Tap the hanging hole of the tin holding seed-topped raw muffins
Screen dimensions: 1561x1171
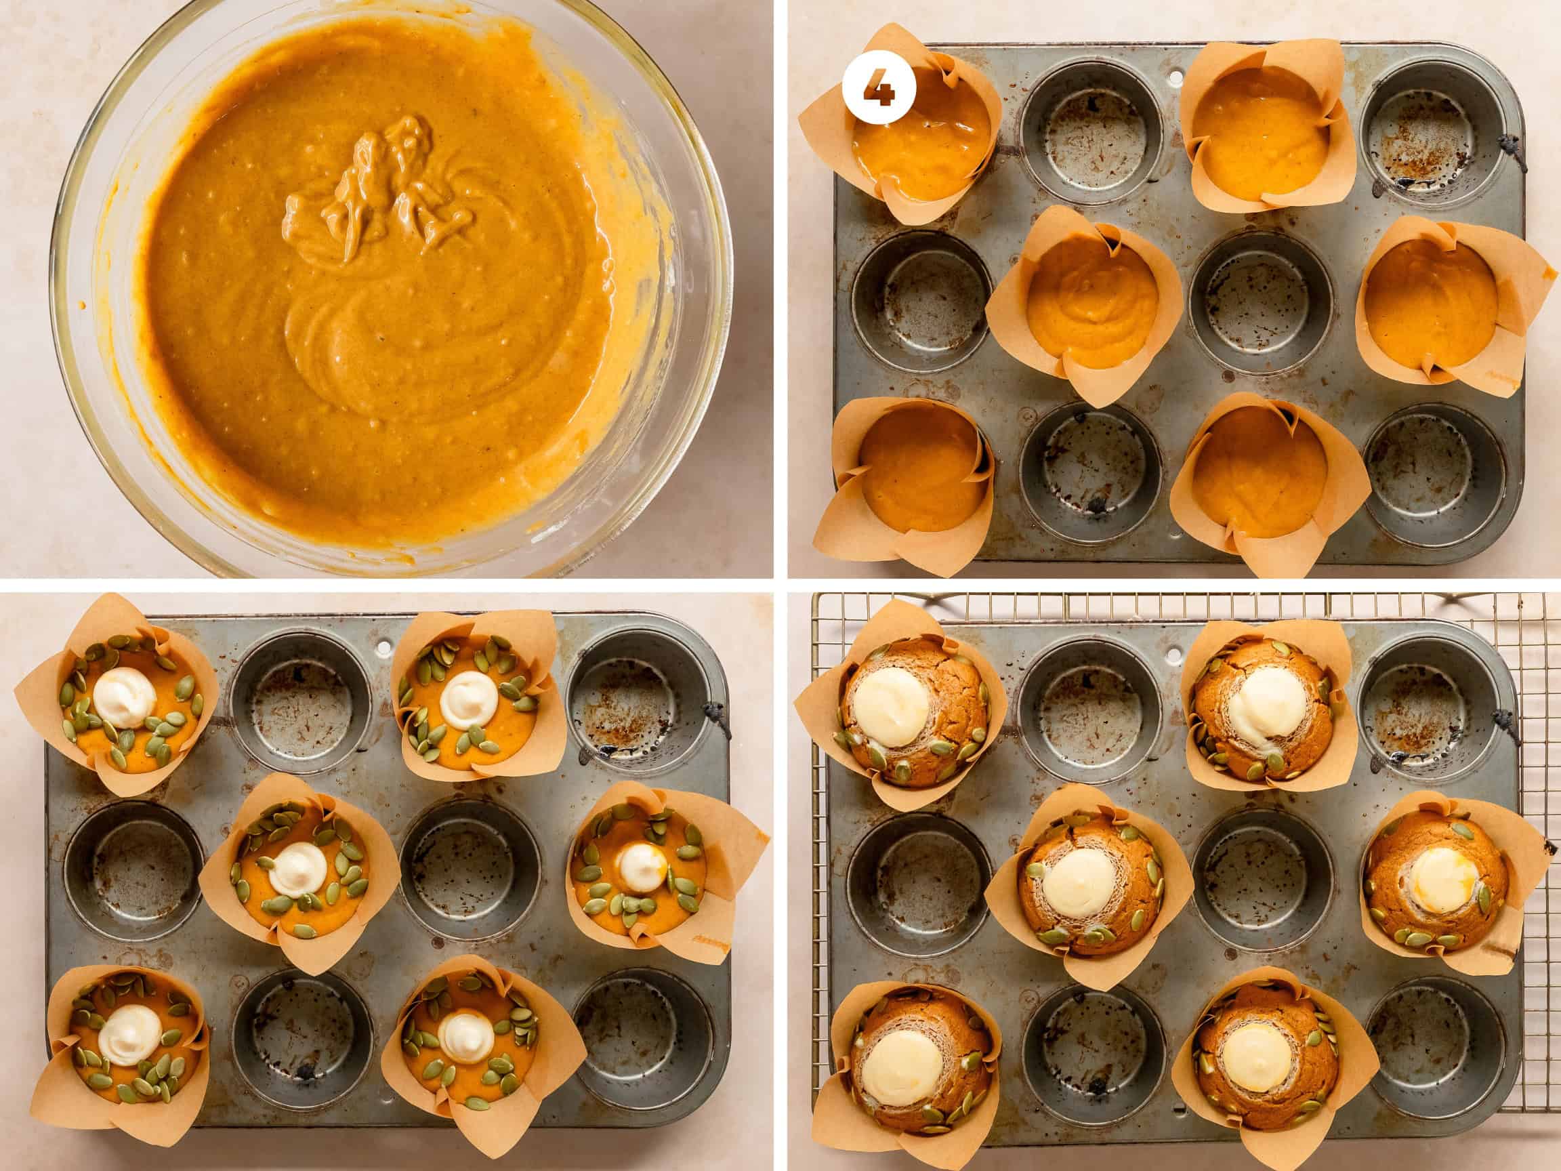383,645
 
